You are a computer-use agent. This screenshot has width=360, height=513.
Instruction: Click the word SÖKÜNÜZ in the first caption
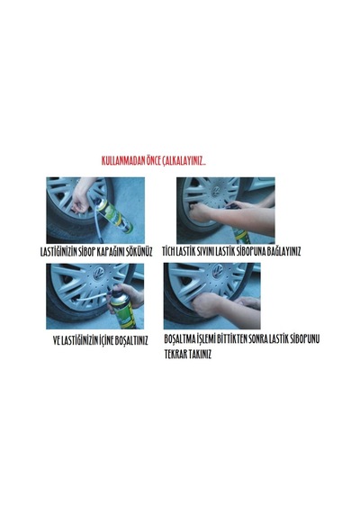click(139, 252)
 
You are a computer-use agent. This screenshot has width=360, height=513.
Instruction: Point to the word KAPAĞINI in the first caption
click(111, 252)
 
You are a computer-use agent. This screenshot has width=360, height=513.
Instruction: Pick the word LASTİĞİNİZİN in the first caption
click(58, 252)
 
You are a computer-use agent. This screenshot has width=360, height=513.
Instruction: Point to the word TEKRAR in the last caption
click(175, 355)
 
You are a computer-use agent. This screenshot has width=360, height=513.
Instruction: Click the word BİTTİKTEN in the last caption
click(232, 339)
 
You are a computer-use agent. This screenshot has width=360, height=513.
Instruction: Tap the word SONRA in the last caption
click(258, 339)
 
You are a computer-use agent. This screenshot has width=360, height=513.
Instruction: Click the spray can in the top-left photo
click(115, 217)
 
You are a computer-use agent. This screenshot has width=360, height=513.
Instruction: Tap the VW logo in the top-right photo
click(216, 191)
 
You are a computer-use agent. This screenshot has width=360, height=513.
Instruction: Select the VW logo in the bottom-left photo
click(98, 273)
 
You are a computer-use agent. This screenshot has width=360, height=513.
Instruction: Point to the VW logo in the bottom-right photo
click(217, 270)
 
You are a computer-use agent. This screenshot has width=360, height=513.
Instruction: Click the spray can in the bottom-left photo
click(122, 310)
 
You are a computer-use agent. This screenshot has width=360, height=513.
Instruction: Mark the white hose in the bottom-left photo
click(93, 297)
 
